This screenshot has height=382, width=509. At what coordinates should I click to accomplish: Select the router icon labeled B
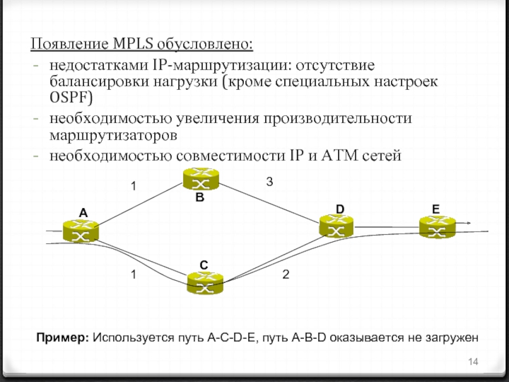coord(200,178)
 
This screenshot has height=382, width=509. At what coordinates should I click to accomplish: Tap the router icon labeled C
coord(205,283)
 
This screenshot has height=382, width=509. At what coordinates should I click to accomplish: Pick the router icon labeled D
coord(337,225)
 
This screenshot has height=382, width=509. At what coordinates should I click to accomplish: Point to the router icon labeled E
coord(437,226)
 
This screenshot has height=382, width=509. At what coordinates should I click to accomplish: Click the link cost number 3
coord(269,182)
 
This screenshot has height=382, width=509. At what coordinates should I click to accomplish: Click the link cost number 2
coord(286,274)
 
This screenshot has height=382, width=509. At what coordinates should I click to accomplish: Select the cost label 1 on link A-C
coord(134,274)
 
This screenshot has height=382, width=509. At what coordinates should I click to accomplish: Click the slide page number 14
coord(473,362)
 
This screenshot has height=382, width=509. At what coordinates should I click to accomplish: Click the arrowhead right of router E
coord(468,223)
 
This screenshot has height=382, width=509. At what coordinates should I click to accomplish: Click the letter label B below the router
coord(200,198)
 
